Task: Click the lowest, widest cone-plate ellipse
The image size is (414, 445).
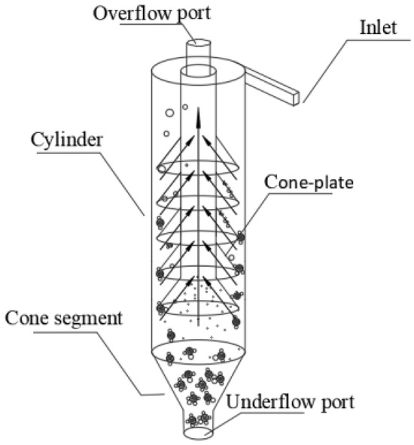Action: point(199,305)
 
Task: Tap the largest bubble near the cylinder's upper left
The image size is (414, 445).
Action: point(170,114)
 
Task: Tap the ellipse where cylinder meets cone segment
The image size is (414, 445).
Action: point(200,351)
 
